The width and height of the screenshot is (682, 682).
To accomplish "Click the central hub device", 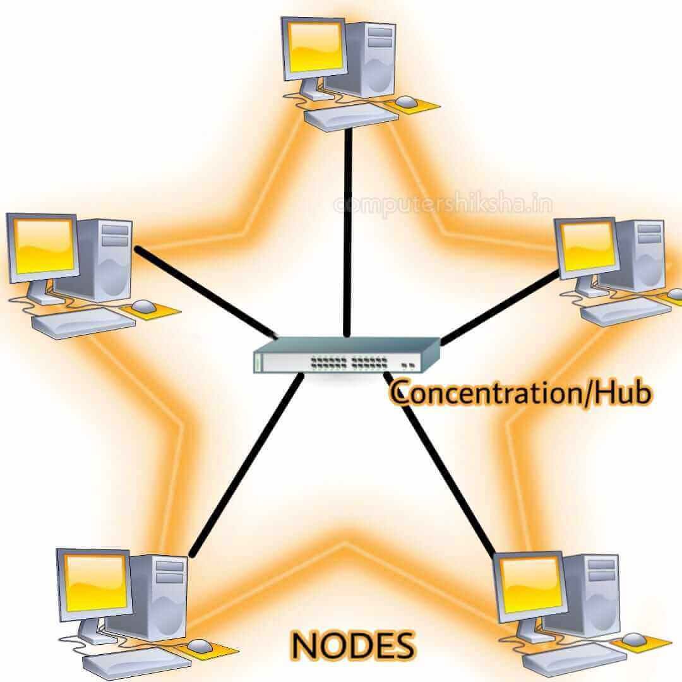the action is click(347, 355).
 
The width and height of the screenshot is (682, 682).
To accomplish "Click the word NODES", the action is click(353, 645).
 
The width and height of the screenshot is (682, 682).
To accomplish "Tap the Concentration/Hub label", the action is click(520, 392).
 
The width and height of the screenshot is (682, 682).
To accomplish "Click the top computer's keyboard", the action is click(352, 117).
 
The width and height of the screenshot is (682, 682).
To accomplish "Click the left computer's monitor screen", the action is click(43, 246).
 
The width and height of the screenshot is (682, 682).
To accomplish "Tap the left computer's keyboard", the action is click(83, 323).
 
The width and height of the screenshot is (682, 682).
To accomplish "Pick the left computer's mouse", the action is click(143, 306).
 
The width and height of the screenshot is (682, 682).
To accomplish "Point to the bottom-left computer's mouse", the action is click(200, 647).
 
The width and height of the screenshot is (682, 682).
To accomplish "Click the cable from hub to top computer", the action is click(347, 232).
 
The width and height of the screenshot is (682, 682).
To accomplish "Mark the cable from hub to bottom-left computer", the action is click(246, 465).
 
